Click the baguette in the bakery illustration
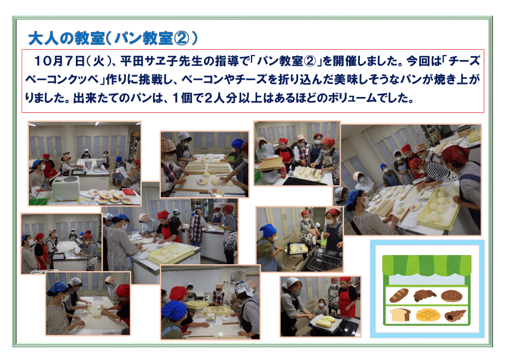399,295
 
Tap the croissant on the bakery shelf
425,295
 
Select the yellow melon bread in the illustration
428,315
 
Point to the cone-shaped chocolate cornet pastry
455,315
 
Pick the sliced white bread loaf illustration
400,315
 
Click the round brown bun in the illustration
452,295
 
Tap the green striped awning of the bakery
427,264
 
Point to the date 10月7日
59,61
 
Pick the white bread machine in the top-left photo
66,188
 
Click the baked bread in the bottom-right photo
326,321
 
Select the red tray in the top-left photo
129,192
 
